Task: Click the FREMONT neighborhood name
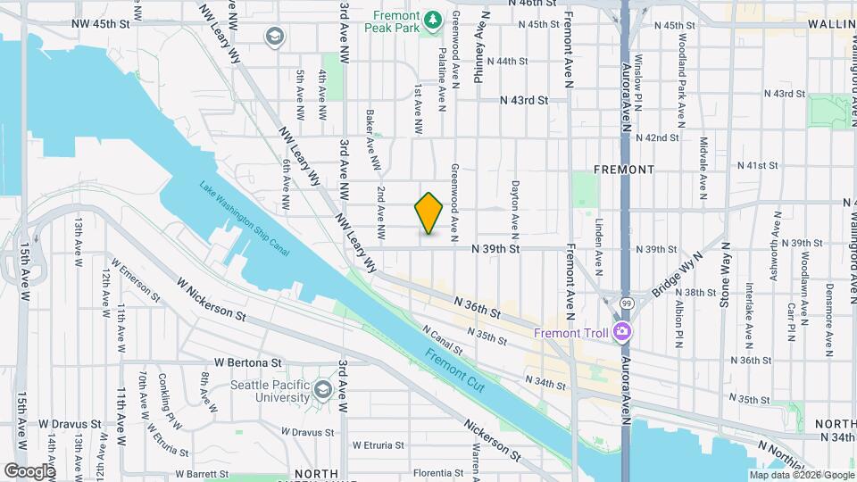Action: coord(624,169)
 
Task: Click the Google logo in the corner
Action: coord(29,470)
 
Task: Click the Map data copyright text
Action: coord(802,474)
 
